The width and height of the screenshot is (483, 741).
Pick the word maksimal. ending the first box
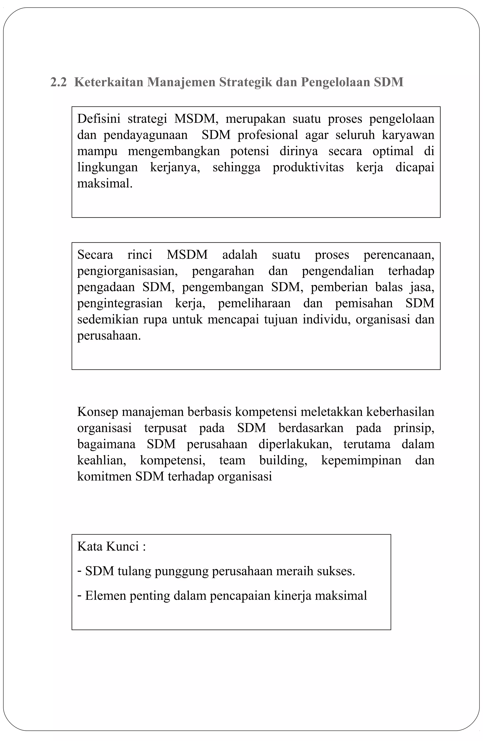click(x=105, y=183)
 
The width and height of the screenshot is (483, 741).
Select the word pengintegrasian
click(x=120, y=303)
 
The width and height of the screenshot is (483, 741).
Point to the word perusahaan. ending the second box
click(x=109, y=336)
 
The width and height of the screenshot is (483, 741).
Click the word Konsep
click(x=98, y=412)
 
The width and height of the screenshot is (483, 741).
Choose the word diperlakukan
click(x=295, y=444)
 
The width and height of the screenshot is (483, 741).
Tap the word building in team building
click(x=283, y=460)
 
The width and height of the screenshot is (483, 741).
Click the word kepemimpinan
click(x=361, y=460)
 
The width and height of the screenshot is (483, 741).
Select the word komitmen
click(x=104, y=476)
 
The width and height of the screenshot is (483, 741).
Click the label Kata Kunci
click(x=108, y=546)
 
